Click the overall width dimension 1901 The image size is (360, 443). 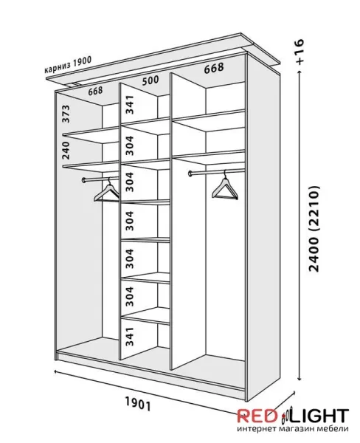click(137, 404)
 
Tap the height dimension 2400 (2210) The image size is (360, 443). click(314, 229)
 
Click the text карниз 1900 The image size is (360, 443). click(68, 65)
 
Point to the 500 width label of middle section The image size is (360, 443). click(150, 80)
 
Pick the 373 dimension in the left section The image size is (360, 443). click(66, 114)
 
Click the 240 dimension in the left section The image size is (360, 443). click(66, 151)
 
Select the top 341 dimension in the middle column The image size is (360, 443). click(130, 105)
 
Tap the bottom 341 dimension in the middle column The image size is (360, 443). click(129, 337)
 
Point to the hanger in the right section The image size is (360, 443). click(225, 187)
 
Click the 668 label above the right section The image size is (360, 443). click(214, 69)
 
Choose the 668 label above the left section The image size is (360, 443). click(95, 92)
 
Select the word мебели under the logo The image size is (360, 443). click(336, 428)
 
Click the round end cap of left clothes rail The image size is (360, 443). click(84, 180)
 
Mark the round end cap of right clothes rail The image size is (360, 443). click(190, 174)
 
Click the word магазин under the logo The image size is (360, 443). click(300, 428)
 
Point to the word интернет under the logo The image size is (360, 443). click(257, 428)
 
